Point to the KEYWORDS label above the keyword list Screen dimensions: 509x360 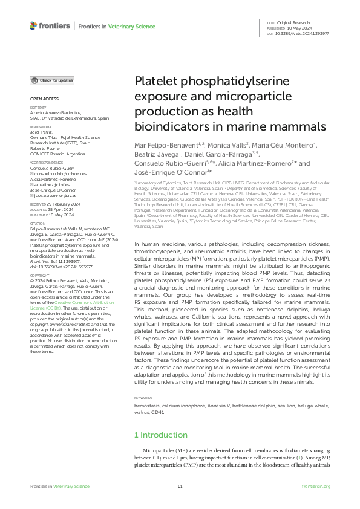(x=143, y=397)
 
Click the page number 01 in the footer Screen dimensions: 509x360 (x=180, y=487)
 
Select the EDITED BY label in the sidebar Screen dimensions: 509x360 (x=37, y=108)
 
